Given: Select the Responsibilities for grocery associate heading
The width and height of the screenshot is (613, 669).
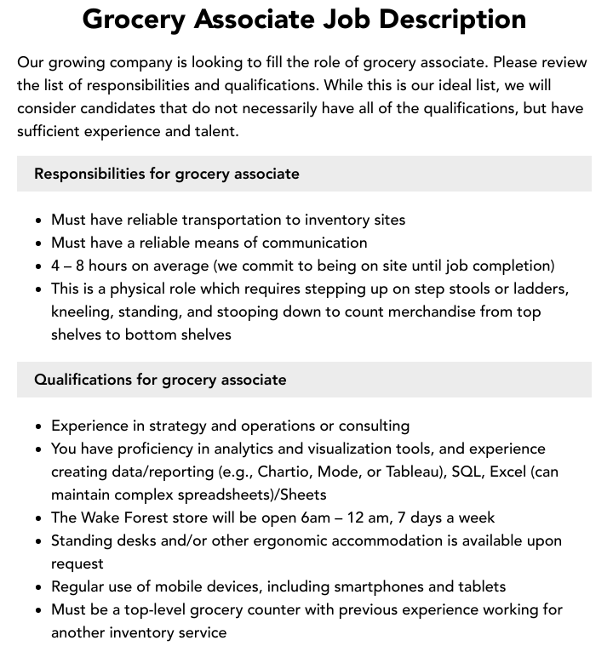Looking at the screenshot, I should click(167, 174).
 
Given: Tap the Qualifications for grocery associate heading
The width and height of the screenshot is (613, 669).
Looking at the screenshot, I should click(160, 380).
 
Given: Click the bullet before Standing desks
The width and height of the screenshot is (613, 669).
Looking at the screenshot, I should click(39, 541).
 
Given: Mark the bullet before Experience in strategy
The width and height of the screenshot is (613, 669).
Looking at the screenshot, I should click(39, 426).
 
